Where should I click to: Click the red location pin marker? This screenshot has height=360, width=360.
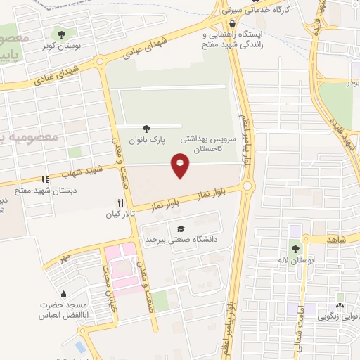click(181, 166)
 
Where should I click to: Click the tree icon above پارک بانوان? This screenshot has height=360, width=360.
click(146, 128)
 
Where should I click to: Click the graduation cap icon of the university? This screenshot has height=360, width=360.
click(181, 229)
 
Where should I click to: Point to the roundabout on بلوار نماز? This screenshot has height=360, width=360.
click(247, 186)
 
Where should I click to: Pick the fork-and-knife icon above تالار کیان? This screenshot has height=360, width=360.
click(121, 202)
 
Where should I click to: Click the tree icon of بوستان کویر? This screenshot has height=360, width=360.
click(62, 33)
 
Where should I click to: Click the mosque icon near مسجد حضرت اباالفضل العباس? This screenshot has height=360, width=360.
click(64, 294)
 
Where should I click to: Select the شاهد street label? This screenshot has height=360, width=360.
click(336, 239)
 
